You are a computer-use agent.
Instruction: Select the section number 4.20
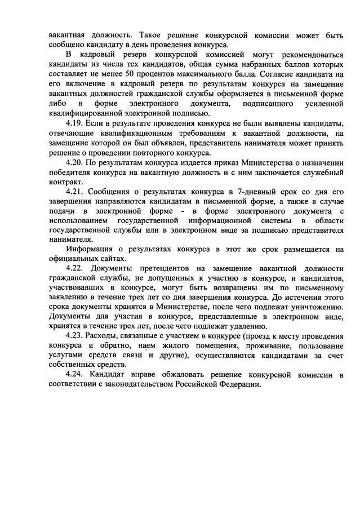tap(75, 162)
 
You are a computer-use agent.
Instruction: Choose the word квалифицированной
tap(87, 113)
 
